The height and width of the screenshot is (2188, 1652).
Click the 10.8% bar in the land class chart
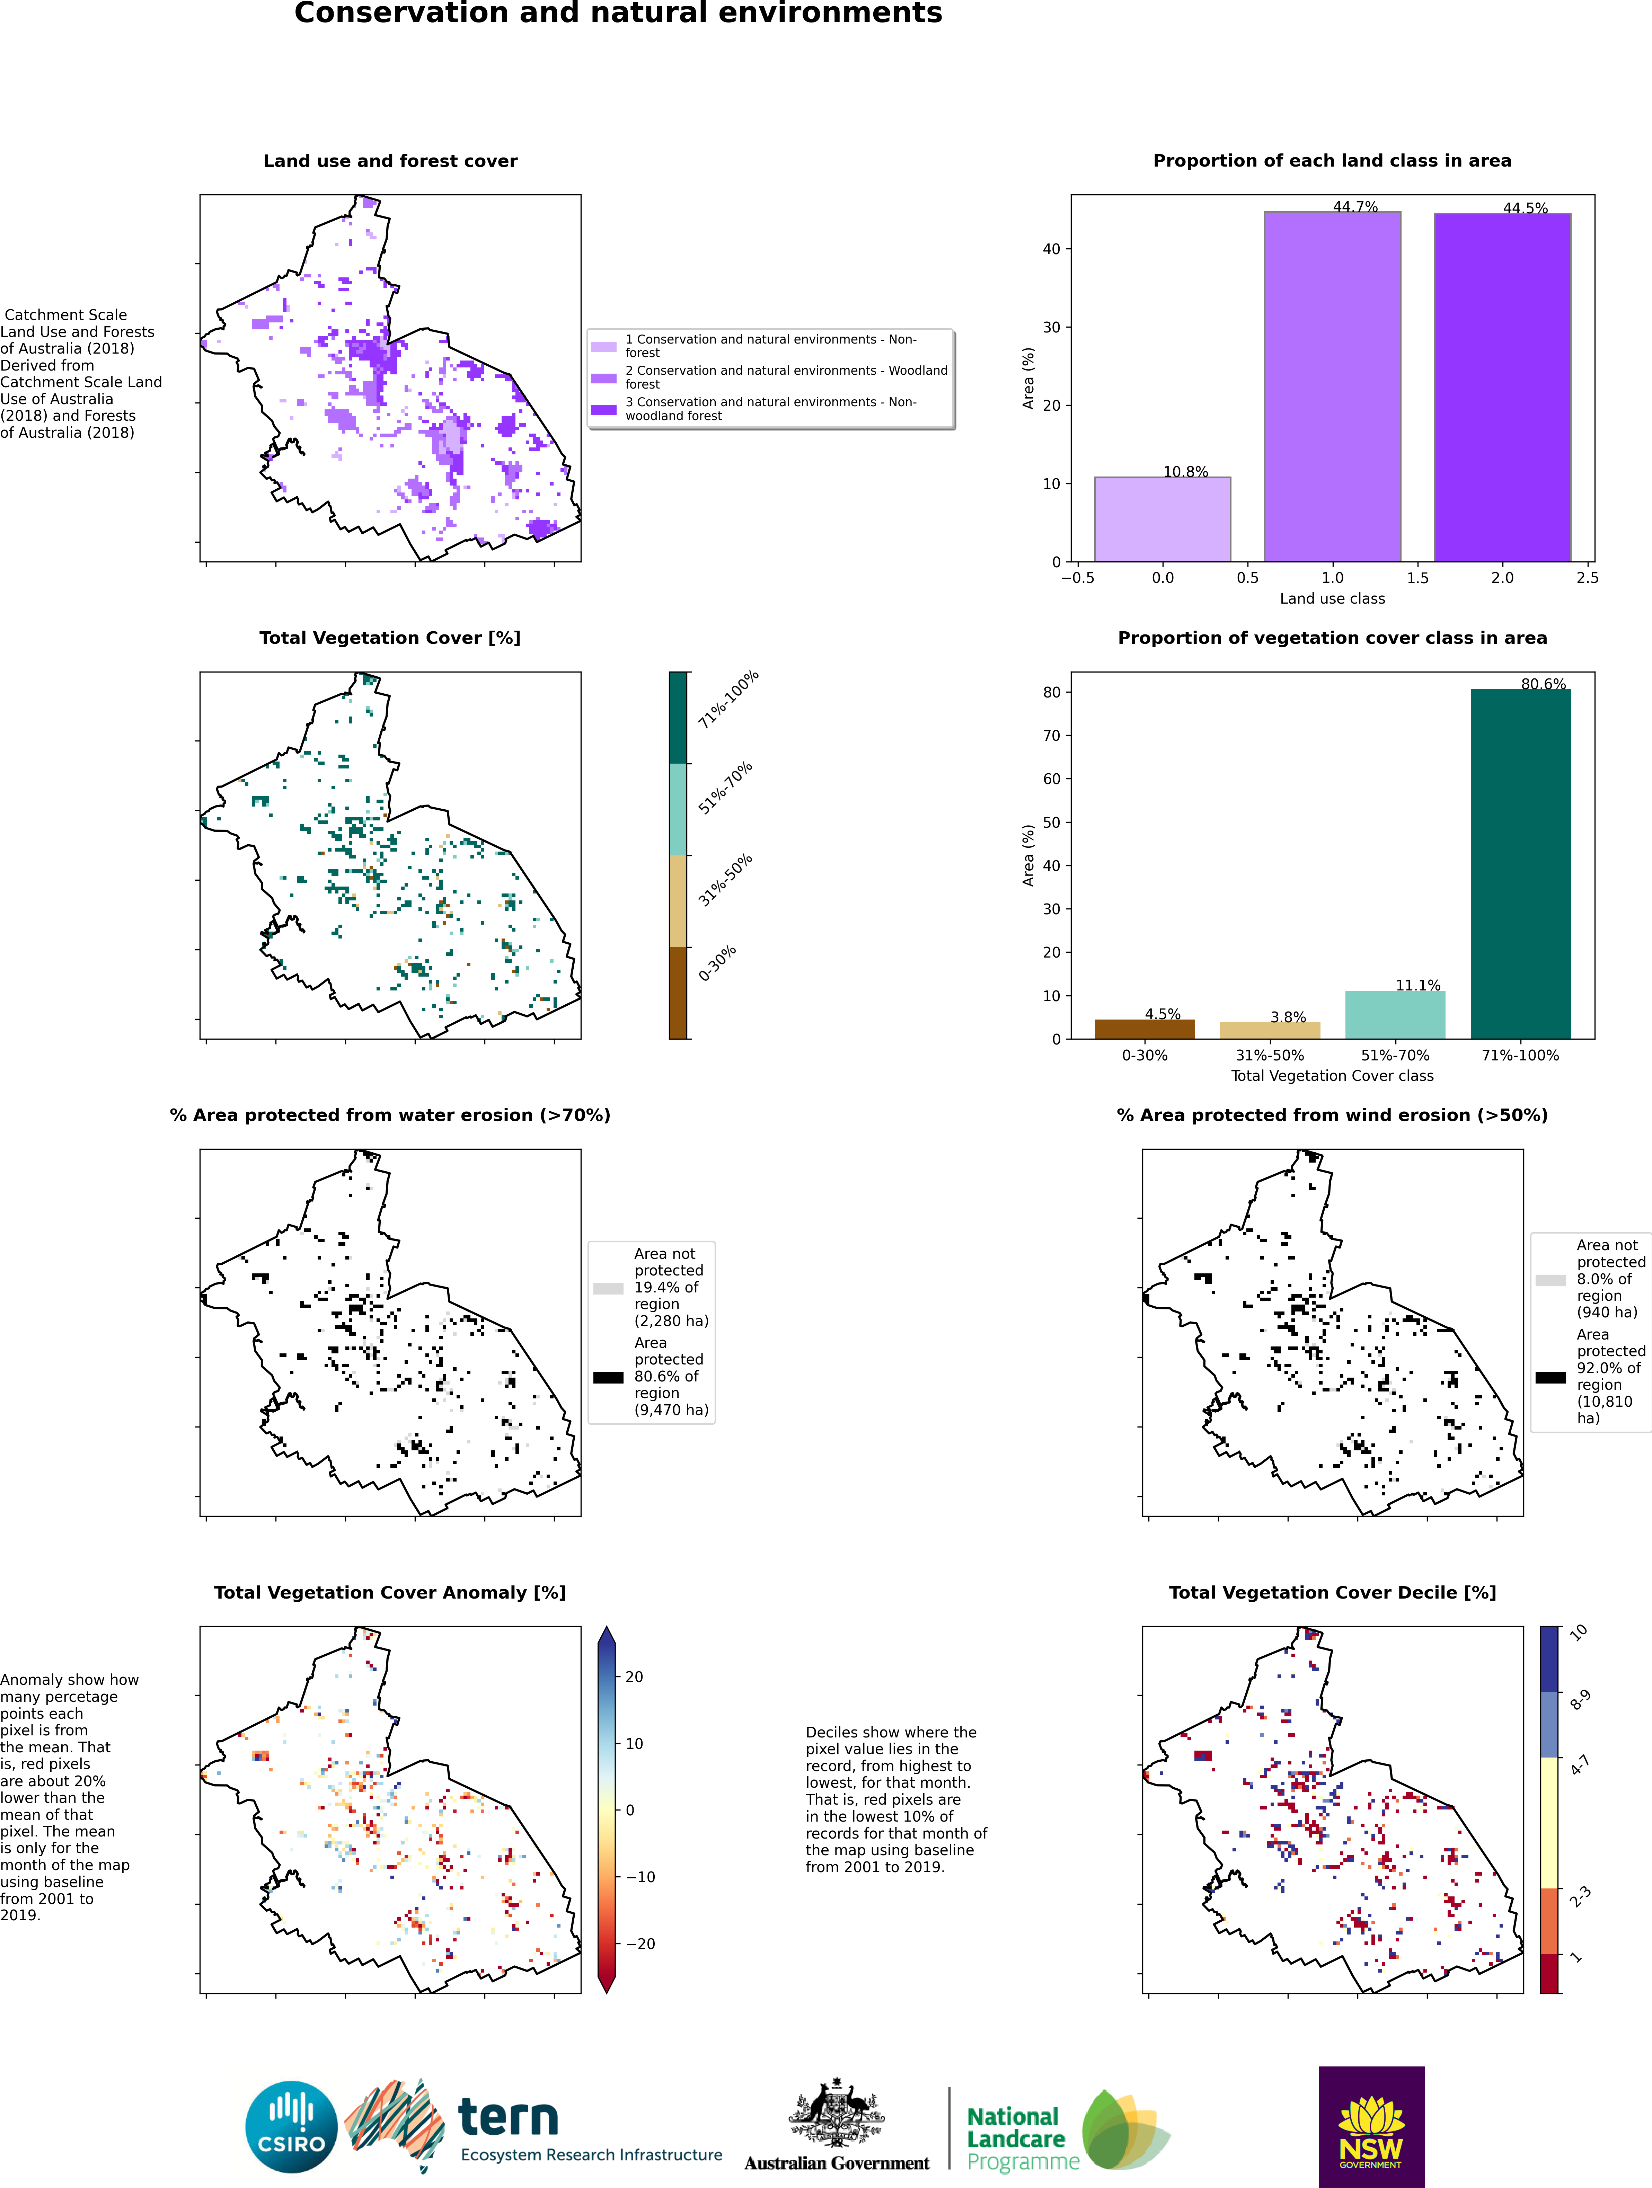tap(1162, 519)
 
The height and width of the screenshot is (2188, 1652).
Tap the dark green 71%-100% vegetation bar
tap(1520, 863)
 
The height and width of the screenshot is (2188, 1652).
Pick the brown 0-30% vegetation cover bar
tap(1145, 1029)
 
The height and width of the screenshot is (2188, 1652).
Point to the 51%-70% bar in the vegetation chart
tap(1395, 1015)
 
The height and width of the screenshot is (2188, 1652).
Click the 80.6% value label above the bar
tap(1543, 684)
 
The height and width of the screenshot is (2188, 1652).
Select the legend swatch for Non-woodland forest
tap(603, 409)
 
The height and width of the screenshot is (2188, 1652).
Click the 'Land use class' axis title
tap(1333, 598)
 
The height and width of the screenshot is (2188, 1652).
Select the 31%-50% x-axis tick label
tap(1270, 1056)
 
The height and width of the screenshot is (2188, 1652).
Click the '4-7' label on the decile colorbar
tap(1580, 1764)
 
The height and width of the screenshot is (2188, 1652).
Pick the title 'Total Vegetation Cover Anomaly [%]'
tap(390, 1593)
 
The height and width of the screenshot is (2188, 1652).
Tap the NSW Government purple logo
tap(1371, 2127)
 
